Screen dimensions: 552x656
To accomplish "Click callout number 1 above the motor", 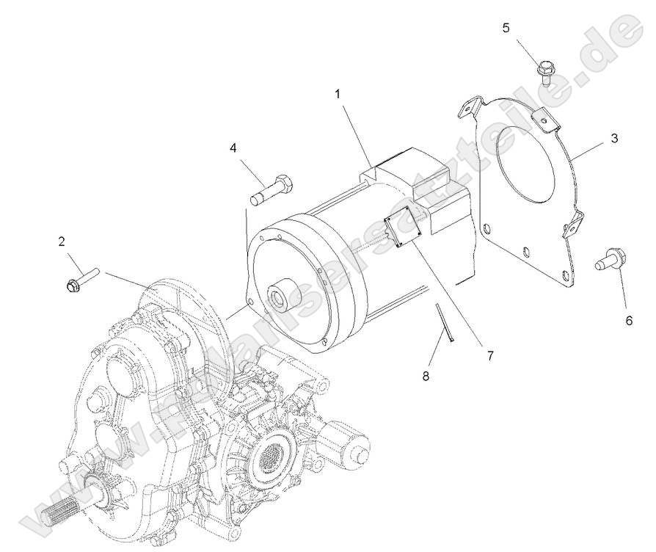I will tap(338, 95).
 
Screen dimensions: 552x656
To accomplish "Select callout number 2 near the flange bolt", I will tap(62, 241).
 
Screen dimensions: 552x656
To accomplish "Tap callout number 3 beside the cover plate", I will tap(614, 138).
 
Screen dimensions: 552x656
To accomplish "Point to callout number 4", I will tap(233, 148).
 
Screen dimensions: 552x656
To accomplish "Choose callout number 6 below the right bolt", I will tap(628, 321).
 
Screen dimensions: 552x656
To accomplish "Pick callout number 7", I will tap(489, 355).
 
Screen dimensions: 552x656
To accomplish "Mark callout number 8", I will tap(425, 377).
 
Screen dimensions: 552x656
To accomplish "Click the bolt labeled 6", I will tap(610, 258).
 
